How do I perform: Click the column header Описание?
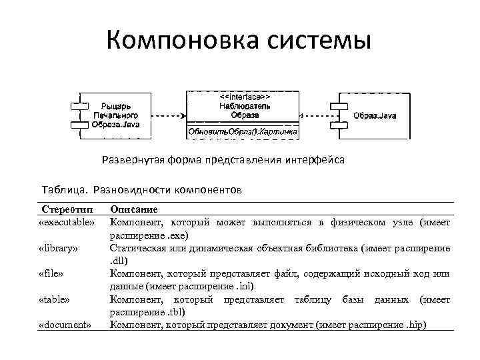[x=133, y=209]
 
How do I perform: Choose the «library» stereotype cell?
[x=59, y=249]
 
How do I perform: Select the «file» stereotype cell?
[x=54, y=273]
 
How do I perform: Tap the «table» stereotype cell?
[x=55, y=299]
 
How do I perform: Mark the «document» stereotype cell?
[x=65, y=325]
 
